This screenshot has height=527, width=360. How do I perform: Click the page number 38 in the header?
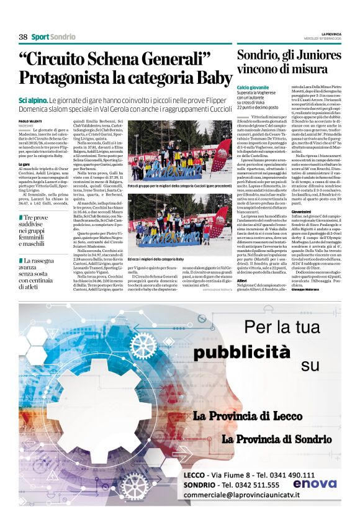23,37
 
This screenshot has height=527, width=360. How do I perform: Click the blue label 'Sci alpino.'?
33,100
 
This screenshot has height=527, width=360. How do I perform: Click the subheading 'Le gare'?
25,163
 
